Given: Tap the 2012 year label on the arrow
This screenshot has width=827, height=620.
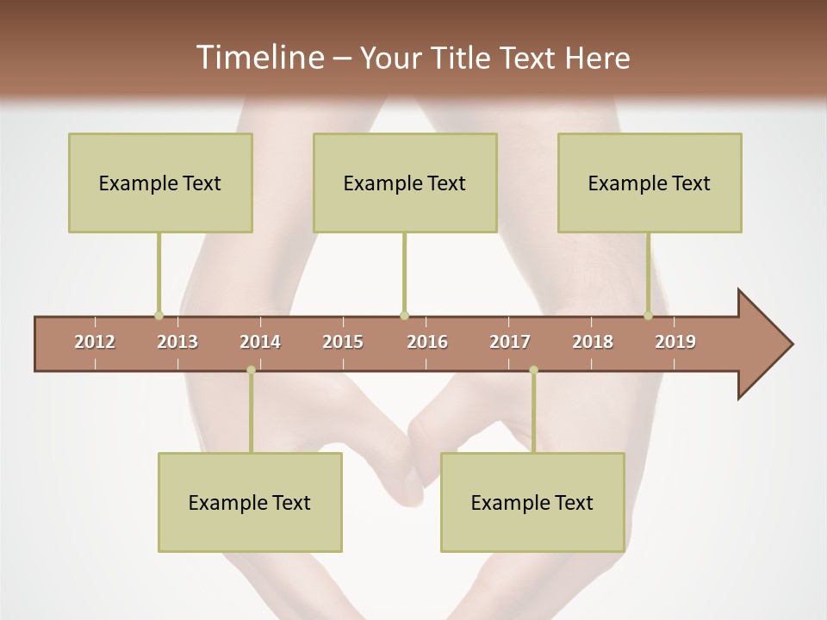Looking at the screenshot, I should [95, 342].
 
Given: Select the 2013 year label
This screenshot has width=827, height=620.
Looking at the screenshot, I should [177, 342].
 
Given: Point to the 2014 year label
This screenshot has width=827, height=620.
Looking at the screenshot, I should [260, 342].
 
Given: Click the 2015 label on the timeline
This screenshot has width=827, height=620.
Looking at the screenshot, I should [343, 342].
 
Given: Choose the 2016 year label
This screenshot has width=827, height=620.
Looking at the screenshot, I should [427, 342].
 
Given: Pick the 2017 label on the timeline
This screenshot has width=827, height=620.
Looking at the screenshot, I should [510, 342].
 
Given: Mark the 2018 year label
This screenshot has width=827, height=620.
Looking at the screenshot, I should [593, 342].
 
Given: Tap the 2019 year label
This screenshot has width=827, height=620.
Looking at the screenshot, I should [675, 342].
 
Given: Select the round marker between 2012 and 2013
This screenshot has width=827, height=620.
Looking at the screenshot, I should [159, 315].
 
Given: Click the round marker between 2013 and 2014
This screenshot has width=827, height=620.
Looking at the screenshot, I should [251, 370].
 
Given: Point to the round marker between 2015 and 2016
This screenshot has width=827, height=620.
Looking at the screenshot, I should [404, 315].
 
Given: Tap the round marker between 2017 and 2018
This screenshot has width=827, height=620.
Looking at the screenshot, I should [533, 370].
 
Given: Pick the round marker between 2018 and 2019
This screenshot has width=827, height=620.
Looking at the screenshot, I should [648, 315].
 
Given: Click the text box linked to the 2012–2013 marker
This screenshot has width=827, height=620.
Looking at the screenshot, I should [160, 183].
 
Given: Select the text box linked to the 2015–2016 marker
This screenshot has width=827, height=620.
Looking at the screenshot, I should [405, 183].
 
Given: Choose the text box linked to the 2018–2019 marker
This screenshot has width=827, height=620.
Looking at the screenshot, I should [650, 183].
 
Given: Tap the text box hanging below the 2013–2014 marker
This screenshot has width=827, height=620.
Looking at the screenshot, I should [250, 502].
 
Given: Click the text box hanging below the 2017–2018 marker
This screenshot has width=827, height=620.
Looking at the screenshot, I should [532, 502].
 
